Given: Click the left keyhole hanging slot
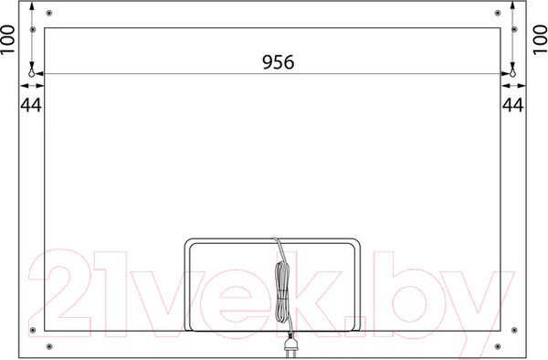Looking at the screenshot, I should coord(33,71).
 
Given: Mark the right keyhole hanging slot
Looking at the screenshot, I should coord(513,71).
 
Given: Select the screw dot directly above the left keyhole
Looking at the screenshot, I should coord(33,30).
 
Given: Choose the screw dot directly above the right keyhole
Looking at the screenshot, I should coord(513,30).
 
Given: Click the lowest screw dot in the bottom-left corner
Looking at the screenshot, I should coord(49,345).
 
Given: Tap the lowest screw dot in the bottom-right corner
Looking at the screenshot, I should coord(498,345).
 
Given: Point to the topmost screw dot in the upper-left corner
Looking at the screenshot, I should coord(49,13).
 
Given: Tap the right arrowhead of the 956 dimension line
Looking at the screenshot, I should coord(507,74).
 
